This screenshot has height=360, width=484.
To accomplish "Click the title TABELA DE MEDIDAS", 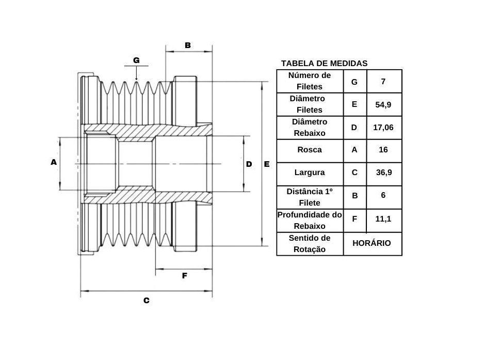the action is coord(324,64).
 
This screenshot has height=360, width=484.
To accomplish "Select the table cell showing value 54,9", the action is coord(383,105).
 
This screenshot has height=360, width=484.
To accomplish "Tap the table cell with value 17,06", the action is coord(383,128).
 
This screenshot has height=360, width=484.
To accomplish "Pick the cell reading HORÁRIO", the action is coord(372,243).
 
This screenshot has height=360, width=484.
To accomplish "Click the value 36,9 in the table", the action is coord(384,173).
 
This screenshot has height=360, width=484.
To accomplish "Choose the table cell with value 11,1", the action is coord(383,219).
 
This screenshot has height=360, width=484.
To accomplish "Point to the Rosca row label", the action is coord(310,150).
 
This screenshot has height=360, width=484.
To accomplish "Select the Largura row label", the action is coord(310,173).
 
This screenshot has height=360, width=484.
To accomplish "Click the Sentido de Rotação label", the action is coord(310,243).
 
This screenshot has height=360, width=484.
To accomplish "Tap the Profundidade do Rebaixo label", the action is coord(310,221).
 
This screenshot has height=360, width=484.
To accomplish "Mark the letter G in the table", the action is coord(354,82).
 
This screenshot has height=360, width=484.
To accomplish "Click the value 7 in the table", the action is coord(383,82).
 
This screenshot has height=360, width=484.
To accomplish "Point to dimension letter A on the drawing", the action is coord(54,162).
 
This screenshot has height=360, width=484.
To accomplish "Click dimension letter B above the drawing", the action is coord(188,45).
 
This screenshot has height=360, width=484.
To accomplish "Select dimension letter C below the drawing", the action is coord(147,301).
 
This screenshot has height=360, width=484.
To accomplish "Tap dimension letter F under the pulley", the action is coord(185,276).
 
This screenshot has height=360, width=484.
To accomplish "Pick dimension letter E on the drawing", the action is coord(267,164).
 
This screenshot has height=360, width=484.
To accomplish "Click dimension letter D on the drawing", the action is coord(249,164).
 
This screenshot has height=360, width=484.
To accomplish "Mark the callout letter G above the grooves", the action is coord(136,60).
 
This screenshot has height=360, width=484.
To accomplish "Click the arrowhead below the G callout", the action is coord(136,79).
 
